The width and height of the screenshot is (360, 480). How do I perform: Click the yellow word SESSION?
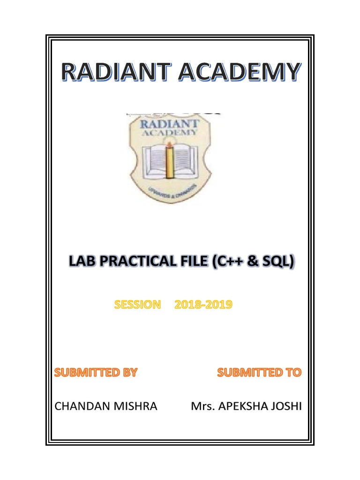point(137,305)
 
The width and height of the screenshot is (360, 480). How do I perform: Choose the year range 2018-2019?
point(203,305)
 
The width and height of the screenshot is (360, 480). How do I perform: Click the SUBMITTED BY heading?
point(96,373)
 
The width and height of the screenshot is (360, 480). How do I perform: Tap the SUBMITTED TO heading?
point(259,373)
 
